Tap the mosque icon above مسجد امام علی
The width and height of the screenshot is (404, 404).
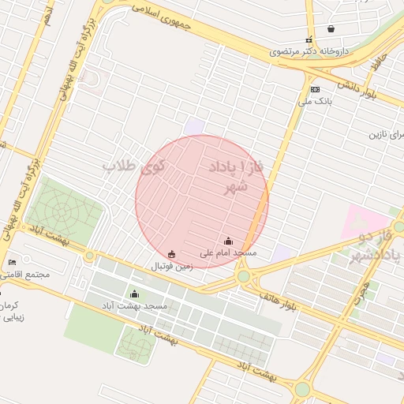[228, 241]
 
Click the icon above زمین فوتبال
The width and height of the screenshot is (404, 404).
[172, 254]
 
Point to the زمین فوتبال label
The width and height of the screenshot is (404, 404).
[171, 266]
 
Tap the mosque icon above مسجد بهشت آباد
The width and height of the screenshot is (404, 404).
[133, 294]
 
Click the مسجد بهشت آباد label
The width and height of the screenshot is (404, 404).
[133, 305]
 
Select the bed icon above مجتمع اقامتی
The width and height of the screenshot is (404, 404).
[11, 262]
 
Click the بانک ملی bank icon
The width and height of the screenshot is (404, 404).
[315, 90]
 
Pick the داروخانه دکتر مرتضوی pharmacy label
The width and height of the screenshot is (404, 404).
[309, 51]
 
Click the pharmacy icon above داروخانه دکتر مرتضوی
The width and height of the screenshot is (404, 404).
[309, 39]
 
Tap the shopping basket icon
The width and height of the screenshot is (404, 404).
[331, 29]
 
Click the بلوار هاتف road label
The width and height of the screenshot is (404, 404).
[279, 298]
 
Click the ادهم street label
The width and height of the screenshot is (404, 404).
[49, 13]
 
